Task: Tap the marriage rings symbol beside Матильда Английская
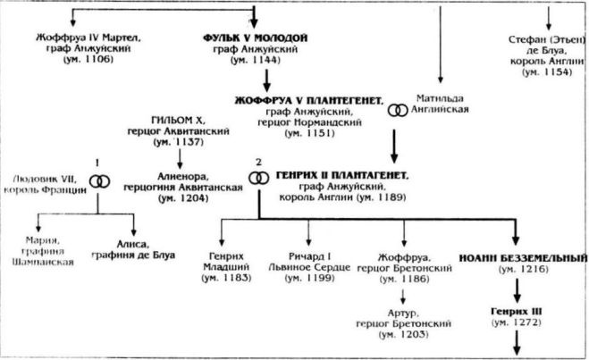[396, 110]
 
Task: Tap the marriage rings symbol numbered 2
[258, 179]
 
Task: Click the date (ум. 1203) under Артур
[404, 333]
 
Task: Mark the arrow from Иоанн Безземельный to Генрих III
[517, 289]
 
